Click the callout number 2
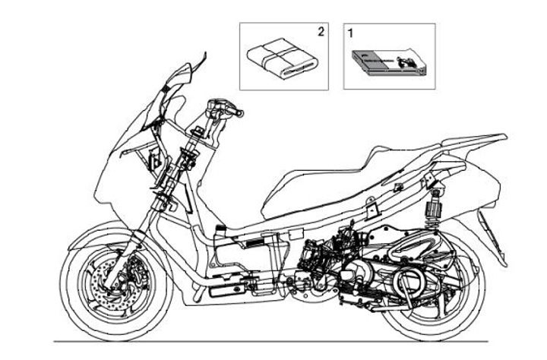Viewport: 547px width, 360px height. tap(321, 32)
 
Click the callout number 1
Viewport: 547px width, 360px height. tap(350, 33)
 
